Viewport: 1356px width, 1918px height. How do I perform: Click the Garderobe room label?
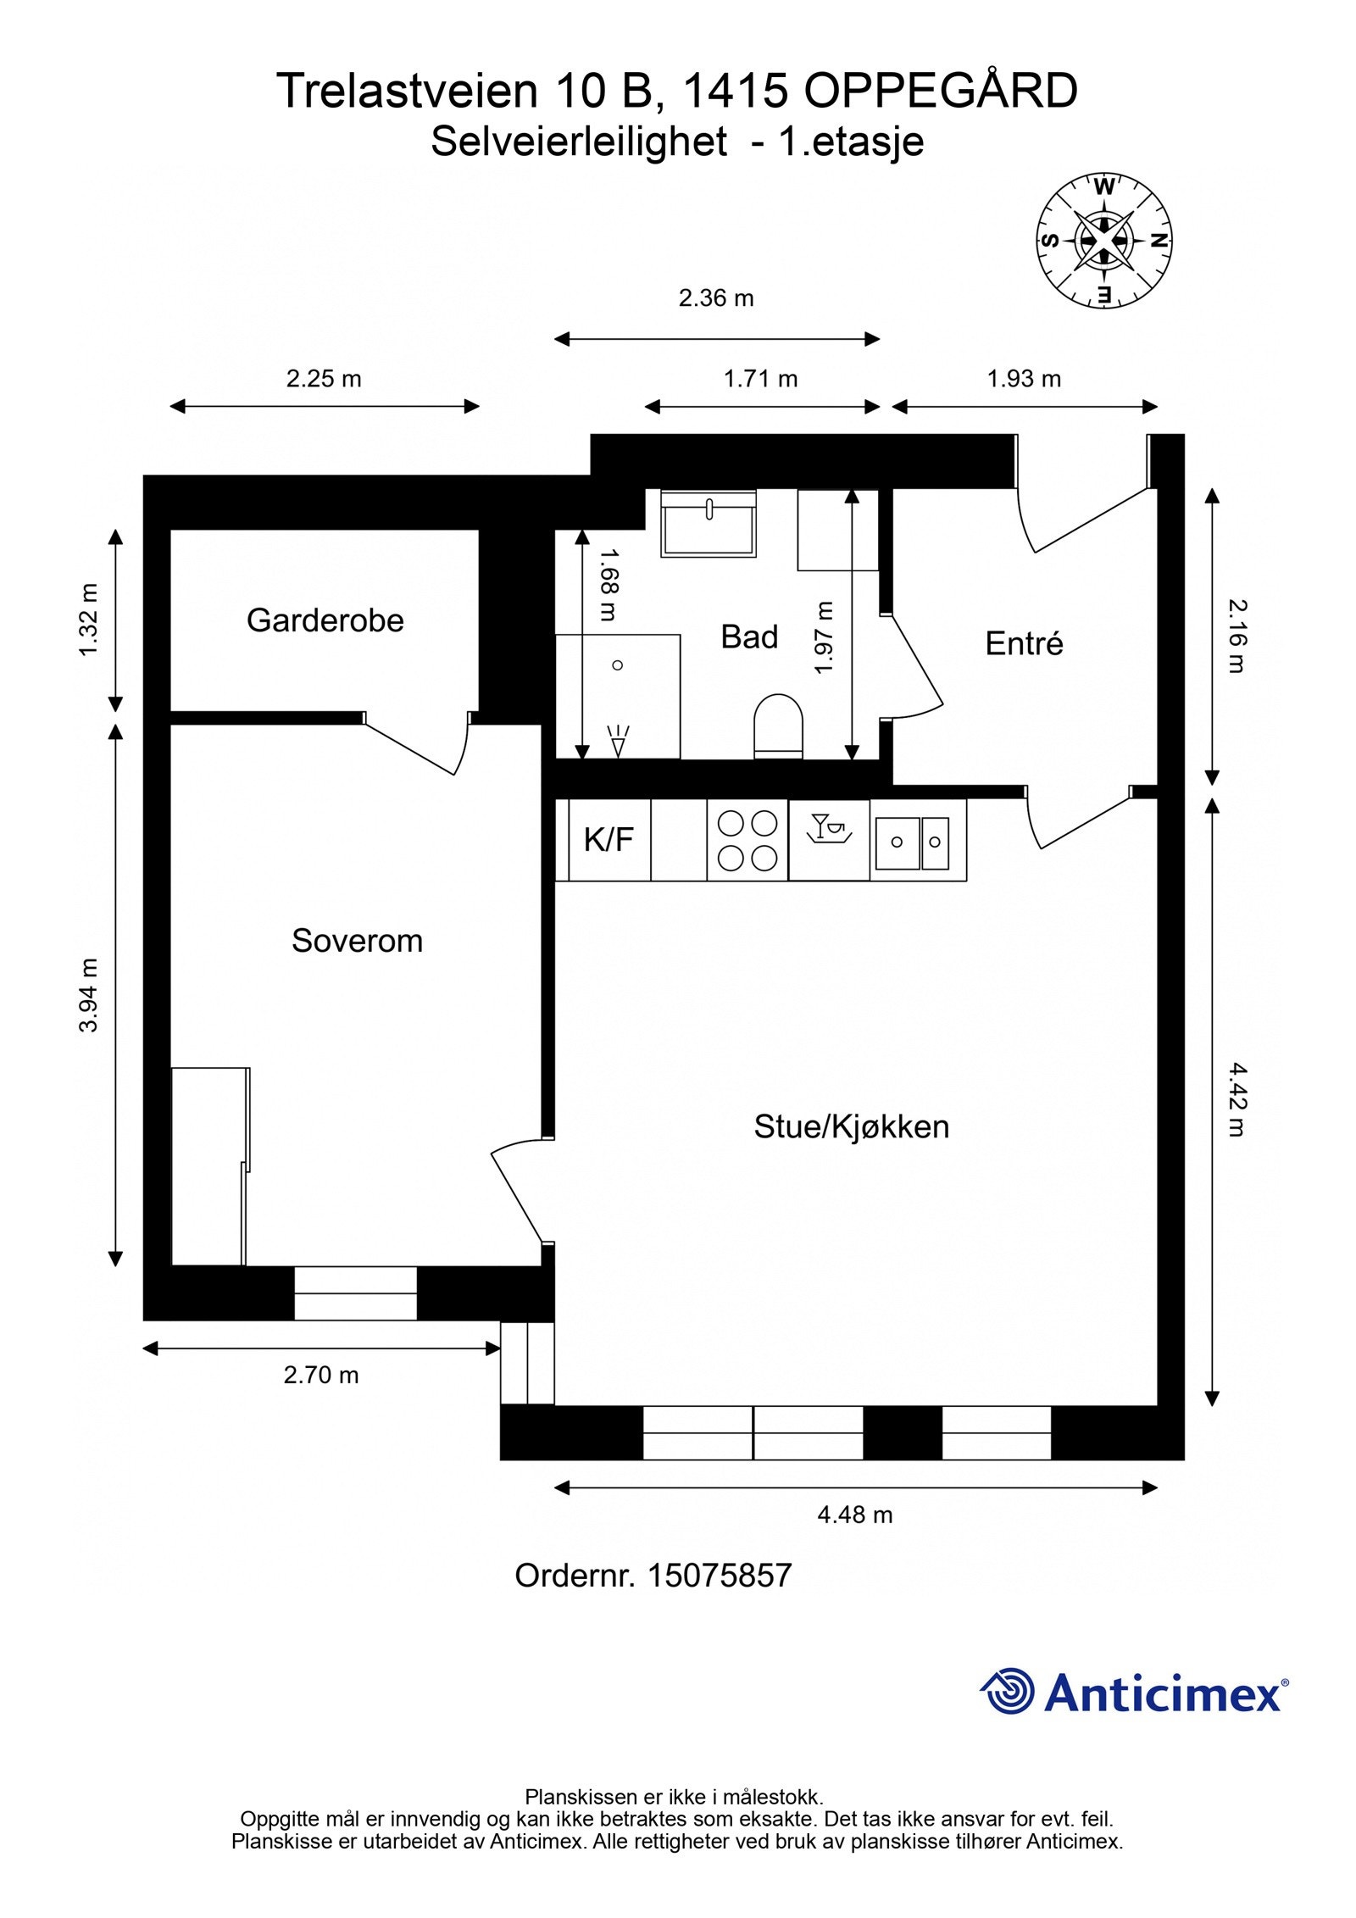click(x=325, y=621)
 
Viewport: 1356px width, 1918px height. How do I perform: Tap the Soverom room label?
click(x=357, y=941)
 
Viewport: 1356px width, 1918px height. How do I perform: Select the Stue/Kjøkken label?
click(x=851, y=1126)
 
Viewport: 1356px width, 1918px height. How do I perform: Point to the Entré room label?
click(x=1023, y=644)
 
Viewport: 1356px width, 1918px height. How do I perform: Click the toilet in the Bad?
click(x=777, y=725)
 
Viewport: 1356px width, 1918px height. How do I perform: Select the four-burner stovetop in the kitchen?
click(x=747, y=840)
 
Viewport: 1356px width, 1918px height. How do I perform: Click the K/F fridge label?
click(x=609, y=840)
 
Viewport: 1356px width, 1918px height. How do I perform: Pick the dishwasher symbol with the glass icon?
click(x=828, y=829)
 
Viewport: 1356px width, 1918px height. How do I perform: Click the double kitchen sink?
click(x=917, y=842)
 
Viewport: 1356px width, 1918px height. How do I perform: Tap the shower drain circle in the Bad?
click(x=618, y=665)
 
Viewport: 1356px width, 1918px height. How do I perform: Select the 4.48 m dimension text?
click(x=854, y=1515)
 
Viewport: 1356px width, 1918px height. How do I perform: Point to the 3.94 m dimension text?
click(x=89, y=995)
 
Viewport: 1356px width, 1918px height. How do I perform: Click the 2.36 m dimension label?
click(x=716, y=299)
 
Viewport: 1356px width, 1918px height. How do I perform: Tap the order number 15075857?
click(x=719, y=1576)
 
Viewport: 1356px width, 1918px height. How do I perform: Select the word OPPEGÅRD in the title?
click(x=941, y=92)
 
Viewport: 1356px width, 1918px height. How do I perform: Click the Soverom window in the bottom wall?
click(x=355, y=1293)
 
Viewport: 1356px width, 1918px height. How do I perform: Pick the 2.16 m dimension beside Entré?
click(x=1237, y=636)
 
